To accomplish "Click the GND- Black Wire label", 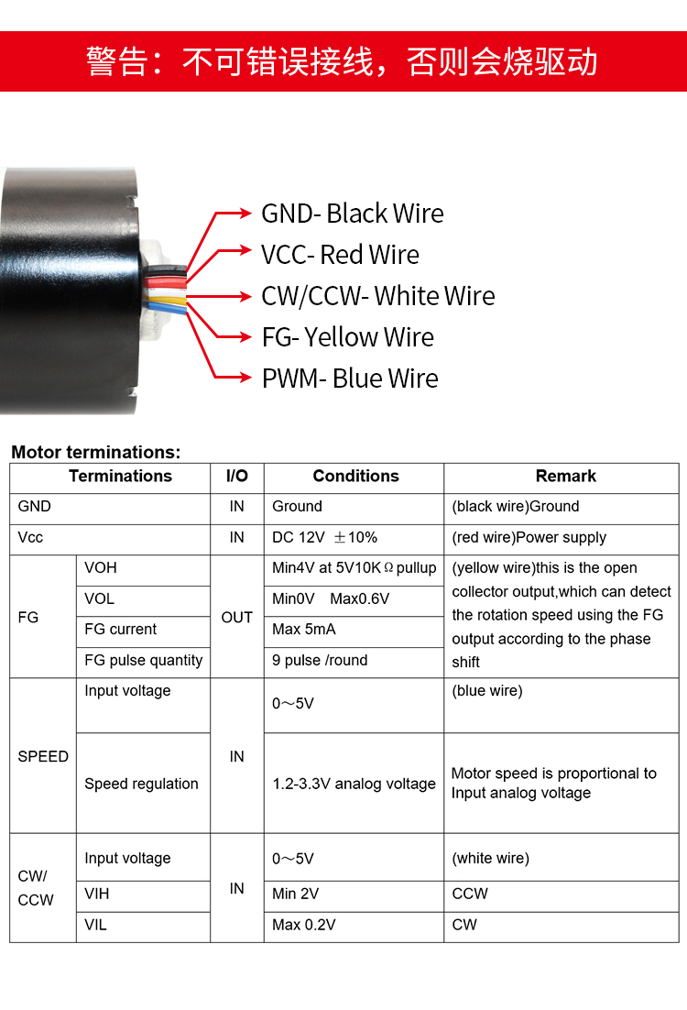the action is (x=352, y=214).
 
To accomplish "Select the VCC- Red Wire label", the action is (x=340, y=255).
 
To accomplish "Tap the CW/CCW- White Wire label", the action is (x=378, y=296).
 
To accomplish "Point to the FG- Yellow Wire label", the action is (x=348, y=337).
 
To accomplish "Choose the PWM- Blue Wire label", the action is (x=350, y=379).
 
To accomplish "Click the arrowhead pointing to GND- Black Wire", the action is (x=245, y=214).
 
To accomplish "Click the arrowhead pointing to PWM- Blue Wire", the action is (x=245, y=378).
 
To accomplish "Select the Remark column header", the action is (x=565, y=476).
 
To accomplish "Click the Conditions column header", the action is (x=355, y=476).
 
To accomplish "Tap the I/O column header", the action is (x=237, y=476).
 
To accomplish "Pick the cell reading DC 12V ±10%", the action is (x=324, y=537).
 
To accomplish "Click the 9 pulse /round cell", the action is (x=320, y=660).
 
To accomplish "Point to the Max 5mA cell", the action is (x=304, y=630).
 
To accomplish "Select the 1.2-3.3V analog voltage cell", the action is (x=354, y=784).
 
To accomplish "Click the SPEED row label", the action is (x=43, y=756).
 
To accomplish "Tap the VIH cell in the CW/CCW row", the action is (x=96, y=894).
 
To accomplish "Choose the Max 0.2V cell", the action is (x=304, y=925).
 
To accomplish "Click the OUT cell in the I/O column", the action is (x=237, y=617).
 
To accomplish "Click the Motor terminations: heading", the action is (x=96, y=452).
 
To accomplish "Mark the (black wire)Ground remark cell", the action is (x=515, y=506).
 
